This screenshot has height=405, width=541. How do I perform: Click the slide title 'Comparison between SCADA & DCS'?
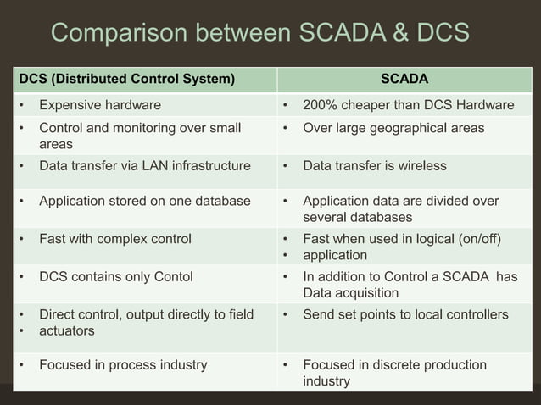coord(259,33)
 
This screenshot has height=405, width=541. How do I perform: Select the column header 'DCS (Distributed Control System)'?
coord(126,80)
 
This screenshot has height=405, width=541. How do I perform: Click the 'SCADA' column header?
coord(404,80)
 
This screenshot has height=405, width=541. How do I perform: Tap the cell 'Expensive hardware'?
coord(100,105)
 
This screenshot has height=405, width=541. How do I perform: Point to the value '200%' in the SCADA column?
coord(320,105)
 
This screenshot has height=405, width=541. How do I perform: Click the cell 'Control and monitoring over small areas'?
coord(140,136)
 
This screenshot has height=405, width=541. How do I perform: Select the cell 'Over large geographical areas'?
coord(393,128)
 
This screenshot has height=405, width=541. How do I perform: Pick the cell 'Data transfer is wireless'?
coord(374,166)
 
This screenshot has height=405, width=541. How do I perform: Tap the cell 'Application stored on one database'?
coord(144,202)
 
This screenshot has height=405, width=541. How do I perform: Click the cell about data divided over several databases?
coord(400,209)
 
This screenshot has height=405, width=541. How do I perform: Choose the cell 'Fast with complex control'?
coord(114,239)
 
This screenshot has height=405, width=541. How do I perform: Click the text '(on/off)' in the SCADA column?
coord(476,239)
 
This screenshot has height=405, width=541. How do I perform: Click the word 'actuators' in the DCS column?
coord(66,330)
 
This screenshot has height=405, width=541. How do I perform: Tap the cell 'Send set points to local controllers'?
coord(405,315)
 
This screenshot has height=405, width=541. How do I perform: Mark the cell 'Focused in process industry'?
coord(123,365)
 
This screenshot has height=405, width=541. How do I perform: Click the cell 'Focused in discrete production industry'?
coord(394,373)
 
